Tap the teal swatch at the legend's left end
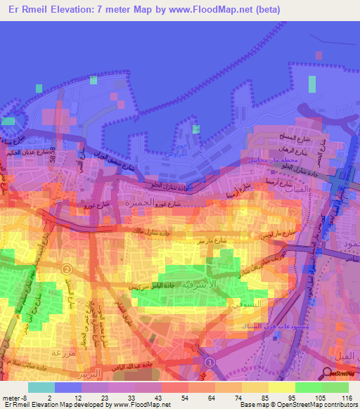click(41, 387)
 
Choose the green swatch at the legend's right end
click(335, 387)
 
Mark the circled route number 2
click(67, 268)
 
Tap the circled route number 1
click(208, 361)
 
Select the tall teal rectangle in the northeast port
click(312, 84)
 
